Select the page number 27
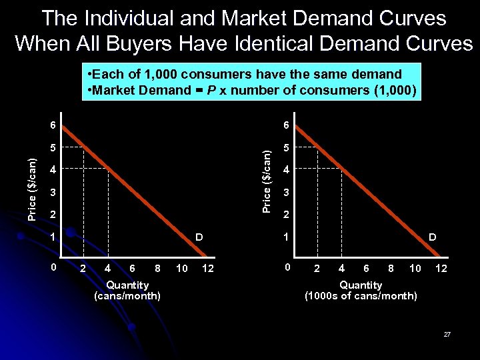(447, 333)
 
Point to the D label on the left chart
(199, 237)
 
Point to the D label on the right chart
(432, 237)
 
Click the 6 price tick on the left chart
(54, 125)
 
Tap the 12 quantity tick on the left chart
(209, 268)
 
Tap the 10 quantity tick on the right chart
(415, 268)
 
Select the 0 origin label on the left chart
(54, 267)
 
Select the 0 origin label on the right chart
(287, 267)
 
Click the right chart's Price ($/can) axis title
(266, 181)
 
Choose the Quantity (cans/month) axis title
(127, 290)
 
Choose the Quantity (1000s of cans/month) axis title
(361, 290)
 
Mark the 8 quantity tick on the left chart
(157, 268)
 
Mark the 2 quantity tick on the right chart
(317, 268)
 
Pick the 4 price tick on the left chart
(54, 170)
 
